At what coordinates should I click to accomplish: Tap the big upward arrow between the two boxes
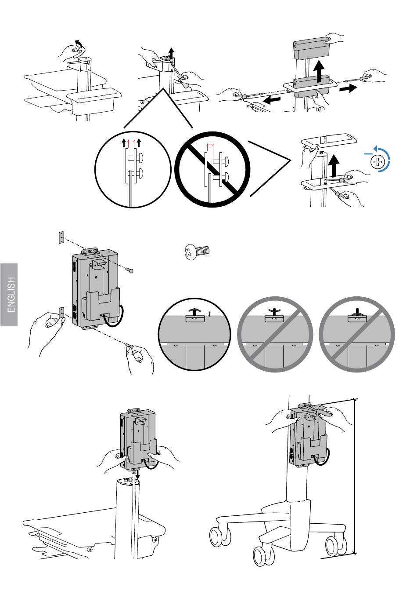pos(319,68)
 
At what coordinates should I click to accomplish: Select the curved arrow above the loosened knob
pos(78,43)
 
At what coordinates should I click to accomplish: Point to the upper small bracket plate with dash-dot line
pos(61,238)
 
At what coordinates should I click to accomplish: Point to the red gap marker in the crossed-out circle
pos(210,145)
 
